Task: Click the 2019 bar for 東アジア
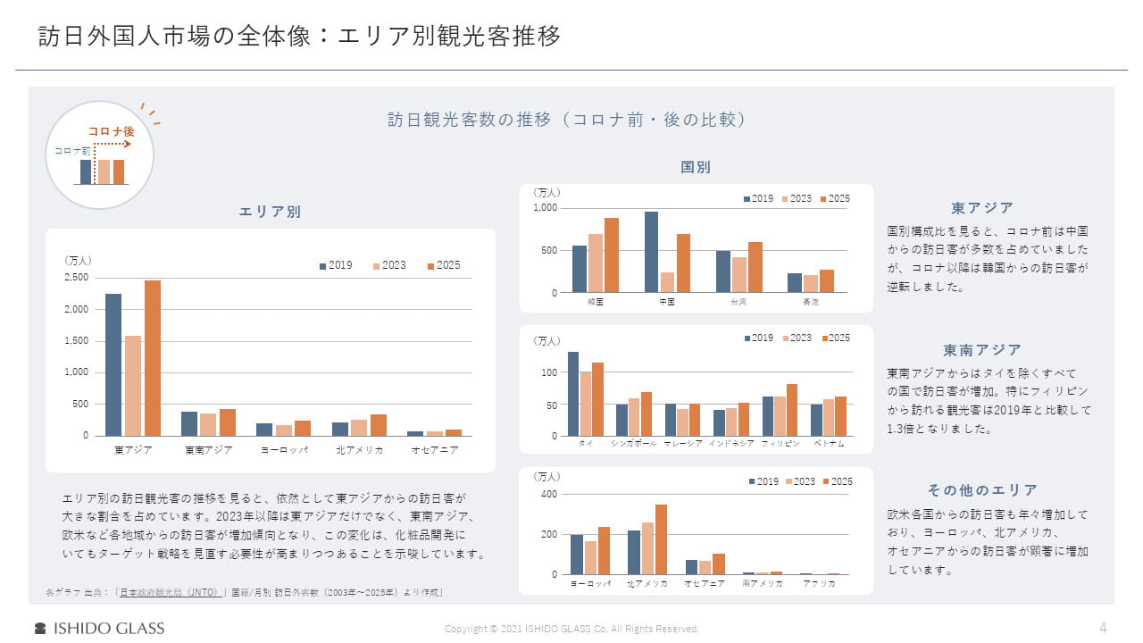[x=113, y=364]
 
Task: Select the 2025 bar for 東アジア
[x=153, y=357]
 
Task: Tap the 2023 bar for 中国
[x=667, y=282]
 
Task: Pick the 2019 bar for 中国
[x=651, y=252]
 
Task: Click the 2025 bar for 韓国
[x=612, y=255]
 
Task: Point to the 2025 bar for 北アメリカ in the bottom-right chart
[x=661, y=539]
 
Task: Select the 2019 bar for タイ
[x=573, y=394]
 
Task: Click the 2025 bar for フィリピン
[x=791, y=410]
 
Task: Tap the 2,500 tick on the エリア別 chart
[x=77, y=278]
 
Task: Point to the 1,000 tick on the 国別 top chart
[x=545, y=208]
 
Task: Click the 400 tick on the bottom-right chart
[x=549, y=494]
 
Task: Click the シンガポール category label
[x=634, y=444]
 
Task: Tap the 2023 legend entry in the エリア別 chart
[x=388, y=265]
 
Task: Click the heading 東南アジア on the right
[x=982, y=350]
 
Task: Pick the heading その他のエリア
[x=982, y=490]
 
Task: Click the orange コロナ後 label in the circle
[x=111, y=131]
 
